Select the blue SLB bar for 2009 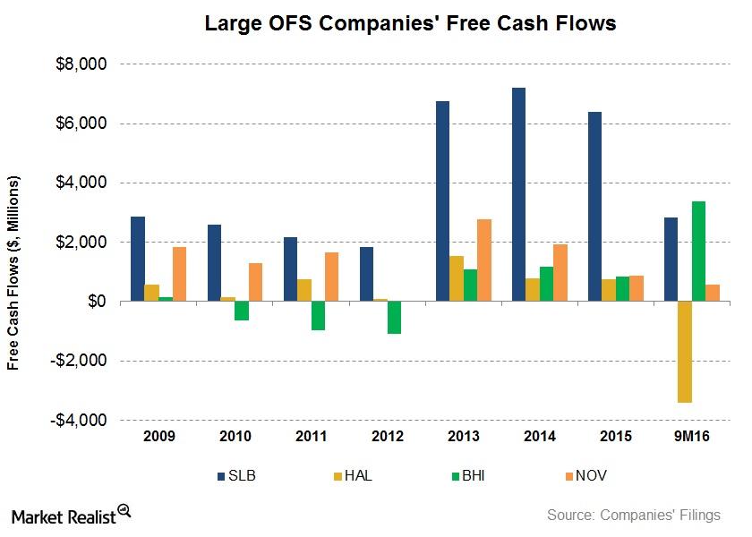[137, 259]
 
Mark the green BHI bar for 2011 [319, 316]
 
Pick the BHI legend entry [466, 475]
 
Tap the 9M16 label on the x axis [691, 437]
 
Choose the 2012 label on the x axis [386, 437]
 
